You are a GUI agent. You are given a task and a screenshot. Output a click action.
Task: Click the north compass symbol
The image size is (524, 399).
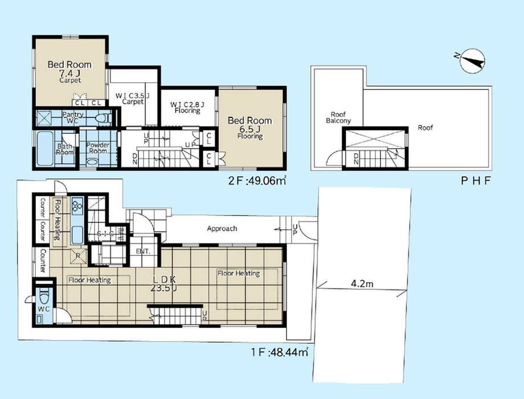pyautogui.click(x=472, y=60)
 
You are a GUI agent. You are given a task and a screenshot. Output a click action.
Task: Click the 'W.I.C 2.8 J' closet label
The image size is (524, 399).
pyautogui.click(x=187, y=107)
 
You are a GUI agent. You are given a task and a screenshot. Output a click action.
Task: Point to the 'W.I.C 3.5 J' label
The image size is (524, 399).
pyautogui.click(x=132, y=99)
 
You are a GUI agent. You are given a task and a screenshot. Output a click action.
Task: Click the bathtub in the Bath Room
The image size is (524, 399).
pyautogui.click(x=45, y=149)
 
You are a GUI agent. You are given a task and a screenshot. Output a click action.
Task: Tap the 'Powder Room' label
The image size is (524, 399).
pyautogui.click(x=97, y=148)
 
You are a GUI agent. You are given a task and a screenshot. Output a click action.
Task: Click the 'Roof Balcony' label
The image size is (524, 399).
pyautogui.click(x=338, y=118)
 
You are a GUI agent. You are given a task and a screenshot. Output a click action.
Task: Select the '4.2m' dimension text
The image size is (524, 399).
pyautogui.click(x=362, y=284)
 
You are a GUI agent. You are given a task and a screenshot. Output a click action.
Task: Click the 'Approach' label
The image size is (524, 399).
pyautogui.click(x=222, y=229)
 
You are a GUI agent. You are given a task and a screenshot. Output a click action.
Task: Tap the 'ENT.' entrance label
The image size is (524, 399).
pyautogui.click(x=144, y=251)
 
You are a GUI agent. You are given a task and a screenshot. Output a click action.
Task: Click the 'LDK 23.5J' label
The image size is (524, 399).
pyautogui.click(x=163, y=283)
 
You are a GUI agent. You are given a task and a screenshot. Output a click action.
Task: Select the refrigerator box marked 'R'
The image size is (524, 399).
pyautogui.click(x=77, y=256)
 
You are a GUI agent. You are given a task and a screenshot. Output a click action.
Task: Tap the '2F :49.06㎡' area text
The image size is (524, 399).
pyautogui.click(x=257, y=181)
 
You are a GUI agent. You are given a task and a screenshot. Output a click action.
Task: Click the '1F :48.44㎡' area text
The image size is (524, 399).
pyautogui.click(x=280, y=352)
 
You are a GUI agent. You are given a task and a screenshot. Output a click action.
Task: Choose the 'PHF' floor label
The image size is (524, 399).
pyautogui.click(x=476, y=181)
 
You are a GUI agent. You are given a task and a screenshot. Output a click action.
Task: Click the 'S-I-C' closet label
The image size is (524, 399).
pyautogui.click(x=105, y=234)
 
